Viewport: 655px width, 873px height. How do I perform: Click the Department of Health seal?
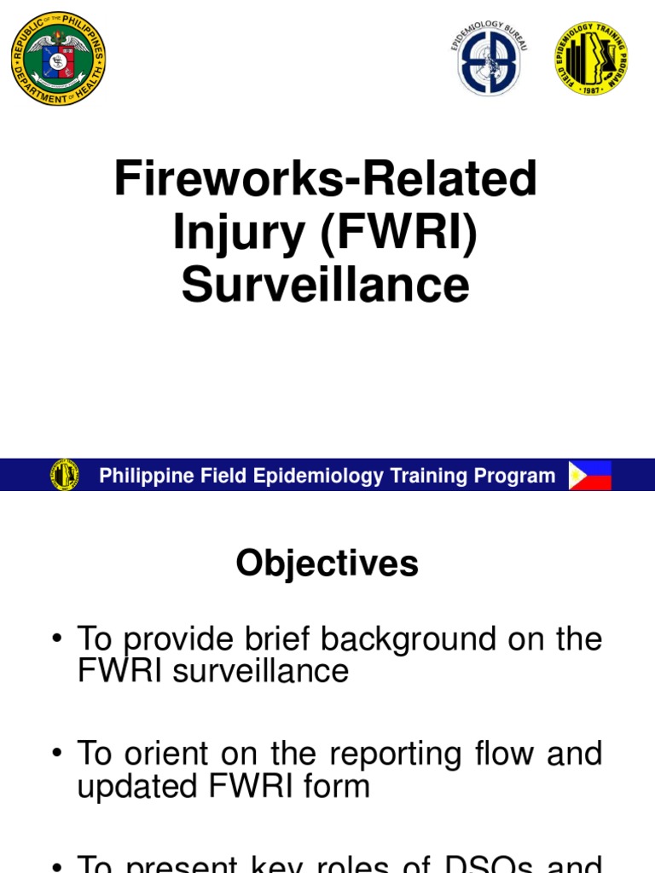pos(58,59)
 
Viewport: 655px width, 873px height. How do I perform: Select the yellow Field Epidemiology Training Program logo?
pos(590,59)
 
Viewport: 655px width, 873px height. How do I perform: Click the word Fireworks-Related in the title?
pos(327,180)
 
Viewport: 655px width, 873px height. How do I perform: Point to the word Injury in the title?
pos(240,232)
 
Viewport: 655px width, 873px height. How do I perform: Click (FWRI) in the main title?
pos(398,232)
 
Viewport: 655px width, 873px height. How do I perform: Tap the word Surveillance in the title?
pos(325,284)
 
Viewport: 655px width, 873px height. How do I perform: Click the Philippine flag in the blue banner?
pos(590,475)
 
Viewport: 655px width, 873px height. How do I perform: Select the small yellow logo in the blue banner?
pos(65,475)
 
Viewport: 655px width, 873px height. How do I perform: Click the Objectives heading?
pos(327,564)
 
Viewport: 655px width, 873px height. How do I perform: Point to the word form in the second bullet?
pos(340,785)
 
